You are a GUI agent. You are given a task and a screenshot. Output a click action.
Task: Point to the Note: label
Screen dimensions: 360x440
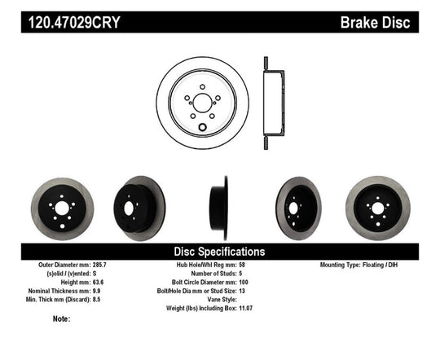point(61,318)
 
